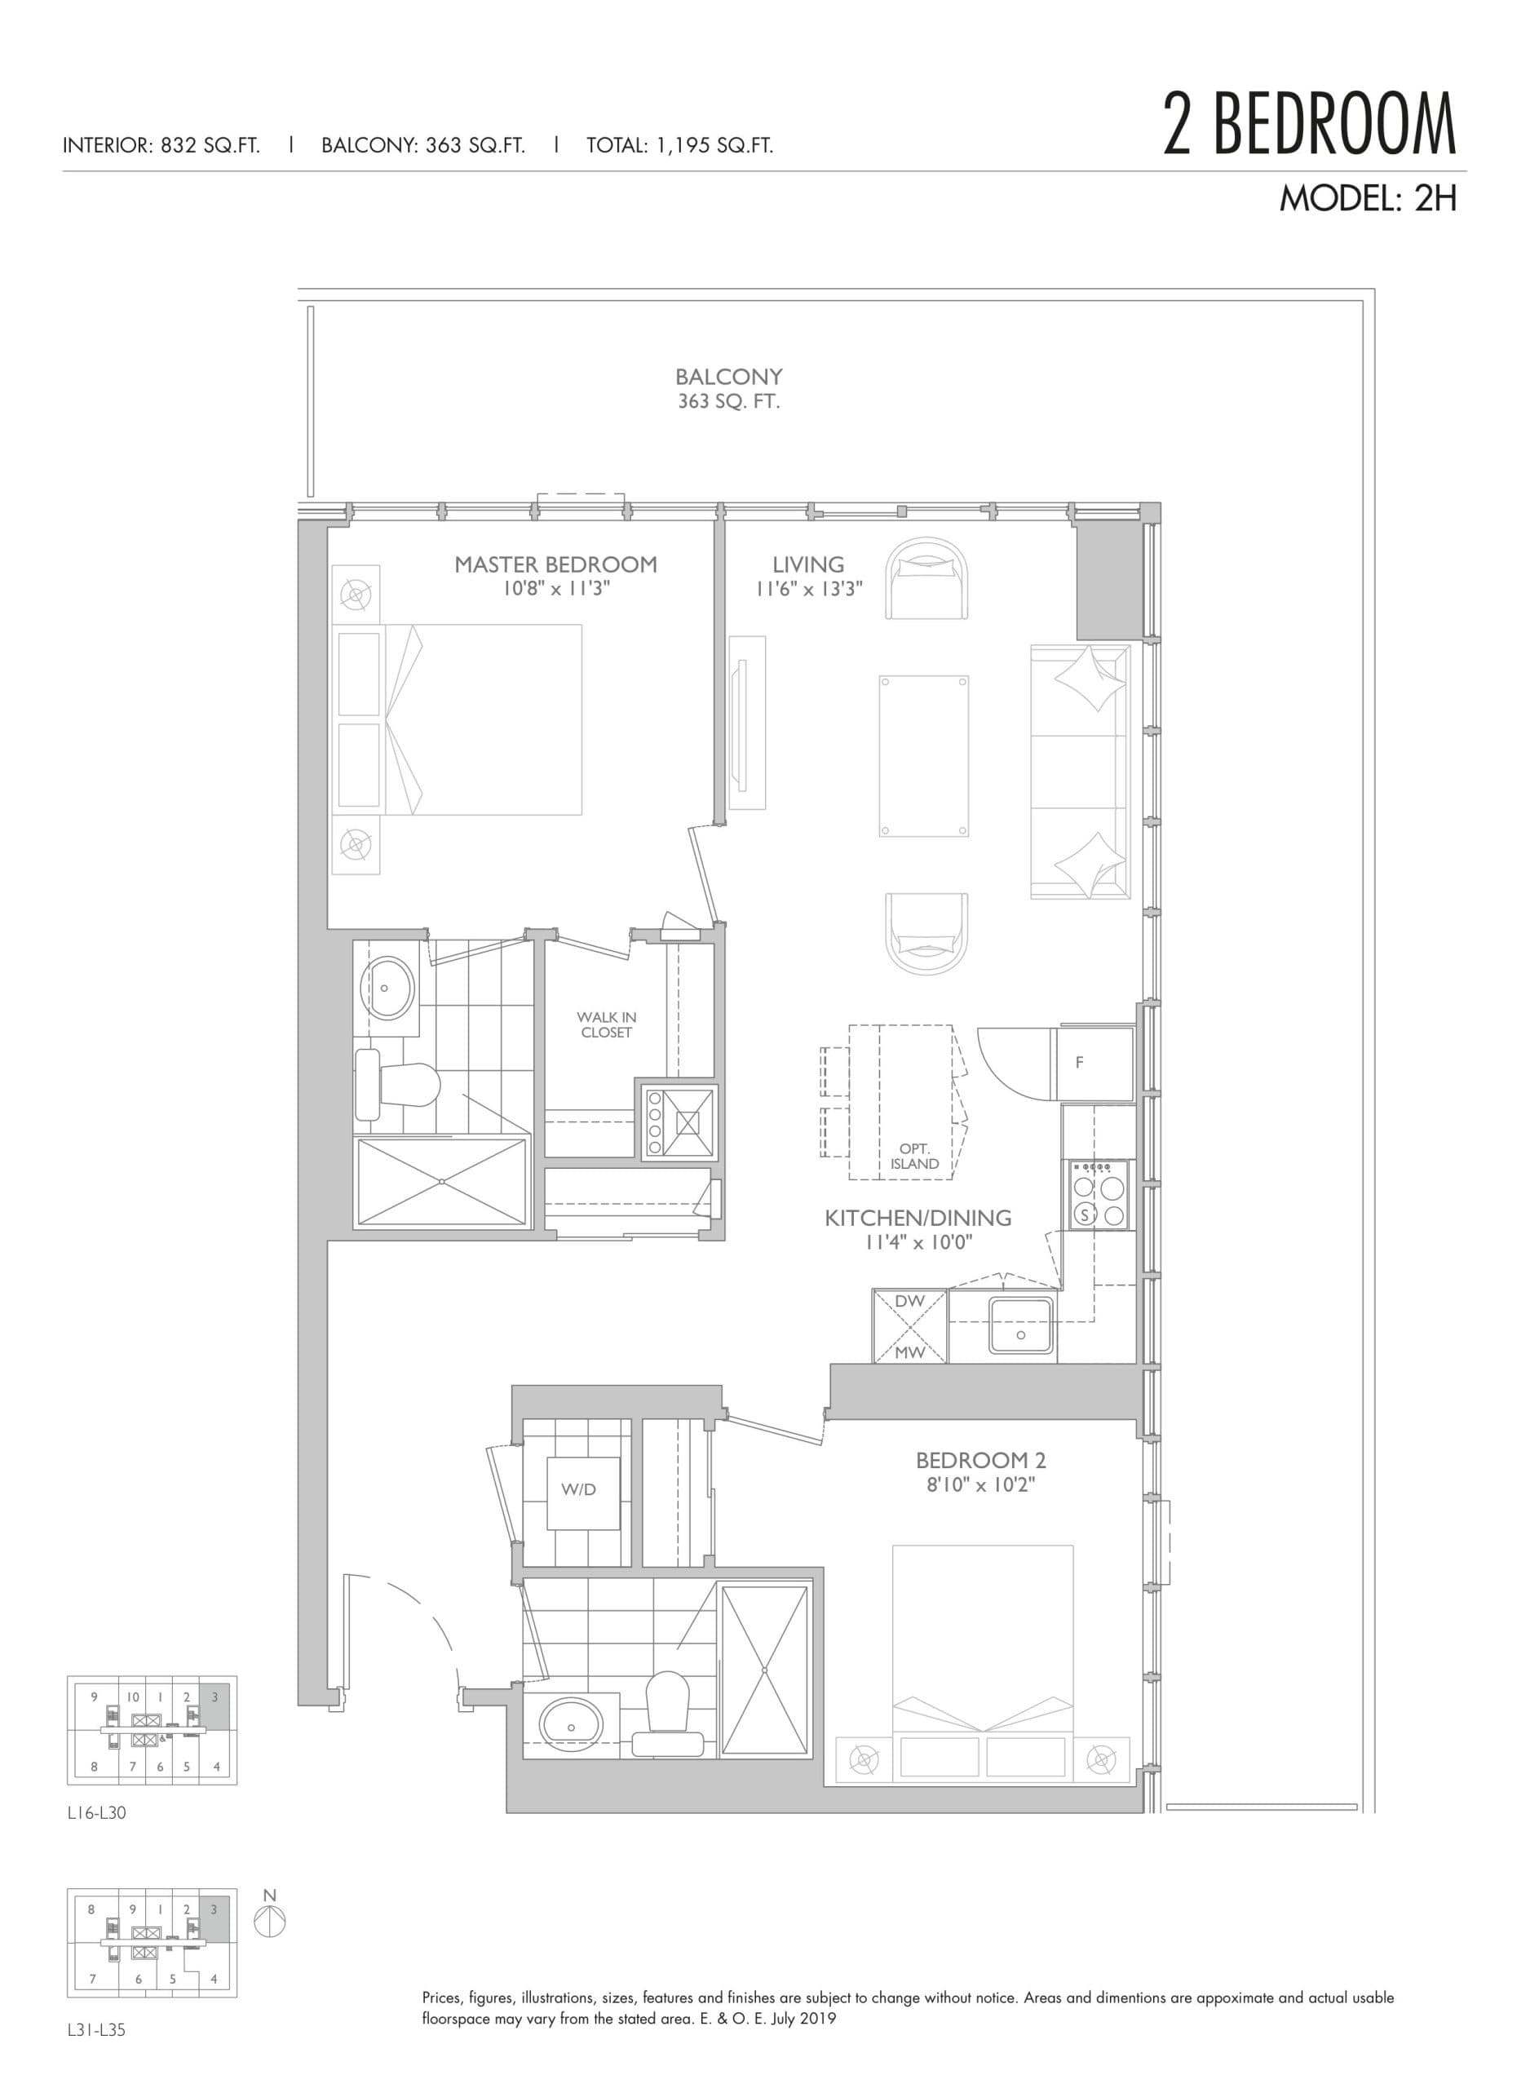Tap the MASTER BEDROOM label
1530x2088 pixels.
(x=555, y=564)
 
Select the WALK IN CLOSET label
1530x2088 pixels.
(x=607, y=1025)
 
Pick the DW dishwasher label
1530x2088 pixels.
(x=909, y=1301)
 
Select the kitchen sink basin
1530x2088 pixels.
(x=1019, y=1325)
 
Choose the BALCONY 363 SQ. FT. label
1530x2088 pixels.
(x=728, y=389)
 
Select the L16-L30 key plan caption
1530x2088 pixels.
(x=96, y=1813)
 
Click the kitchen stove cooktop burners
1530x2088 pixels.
(x=1099, y=1197)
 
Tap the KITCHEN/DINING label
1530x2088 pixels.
(x=917, y=1219)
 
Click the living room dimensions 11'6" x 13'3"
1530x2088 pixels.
(x=808, y=589)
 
